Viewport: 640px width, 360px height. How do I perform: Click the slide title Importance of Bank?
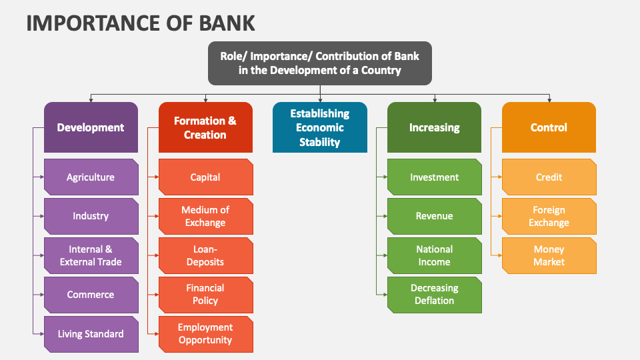coord(140,22)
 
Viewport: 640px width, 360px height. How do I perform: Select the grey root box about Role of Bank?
coord(320,63)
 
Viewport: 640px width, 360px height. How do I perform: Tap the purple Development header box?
coord(91,127)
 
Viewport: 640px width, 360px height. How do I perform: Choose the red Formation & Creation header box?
coord(205,127)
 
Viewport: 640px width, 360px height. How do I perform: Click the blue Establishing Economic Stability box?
coord(320,127)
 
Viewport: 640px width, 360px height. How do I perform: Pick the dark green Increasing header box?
coord(435,127)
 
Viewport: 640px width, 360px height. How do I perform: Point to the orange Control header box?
coord(549,127)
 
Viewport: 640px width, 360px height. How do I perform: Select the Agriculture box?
coord(91,177)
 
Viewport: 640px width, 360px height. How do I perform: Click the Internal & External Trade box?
coord(91,255)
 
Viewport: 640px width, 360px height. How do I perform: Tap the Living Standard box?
coord(91,334)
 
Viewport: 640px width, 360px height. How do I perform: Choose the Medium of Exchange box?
coord(205,216)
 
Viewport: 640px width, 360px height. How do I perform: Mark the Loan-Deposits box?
coord(205,255)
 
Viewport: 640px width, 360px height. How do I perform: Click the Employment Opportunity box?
coord(205,334)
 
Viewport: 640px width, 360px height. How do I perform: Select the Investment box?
coord(435,177)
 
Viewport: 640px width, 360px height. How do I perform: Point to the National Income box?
coord(435,255)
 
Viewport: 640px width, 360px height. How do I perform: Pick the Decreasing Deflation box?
coord(435,295)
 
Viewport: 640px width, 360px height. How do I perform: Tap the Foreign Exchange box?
coord(549,216)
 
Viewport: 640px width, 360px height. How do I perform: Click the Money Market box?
coord(549,255)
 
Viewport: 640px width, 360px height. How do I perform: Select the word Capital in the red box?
coord(205,177)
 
